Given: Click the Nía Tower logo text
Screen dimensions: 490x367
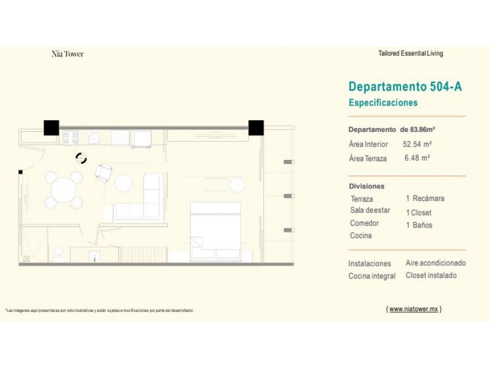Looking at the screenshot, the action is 68,54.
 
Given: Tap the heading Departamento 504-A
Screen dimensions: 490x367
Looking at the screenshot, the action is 405,86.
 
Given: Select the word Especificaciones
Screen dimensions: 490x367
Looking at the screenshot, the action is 383,102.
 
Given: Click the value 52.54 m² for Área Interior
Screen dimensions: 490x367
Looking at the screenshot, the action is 417,144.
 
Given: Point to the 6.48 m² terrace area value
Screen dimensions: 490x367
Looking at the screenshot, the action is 417,158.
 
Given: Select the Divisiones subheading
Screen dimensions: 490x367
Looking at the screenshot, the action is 366,186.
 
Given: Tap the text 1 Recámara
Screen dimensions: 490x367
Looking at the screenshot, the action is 425,198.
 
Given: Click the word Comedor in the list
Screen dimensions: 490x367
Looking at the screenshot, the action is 364,223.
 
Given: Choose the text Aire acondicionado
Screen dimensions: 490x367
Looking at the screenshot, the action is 435,263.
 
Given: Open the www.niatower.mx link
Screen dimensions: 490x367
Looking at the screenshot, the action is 414,309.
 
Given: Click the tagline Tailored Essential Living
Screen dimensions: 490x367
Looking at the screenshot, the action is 410,53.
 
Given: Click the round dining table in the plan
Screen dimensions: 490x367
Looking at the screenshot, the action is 64,190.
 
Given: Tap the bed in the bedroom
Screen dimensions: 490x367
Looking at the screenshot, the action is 216,231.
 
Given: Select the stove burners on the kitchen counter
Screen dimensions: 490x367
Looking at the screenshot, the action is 71,138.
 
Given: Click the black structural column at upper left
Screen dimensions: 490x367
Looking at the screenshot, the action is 51,127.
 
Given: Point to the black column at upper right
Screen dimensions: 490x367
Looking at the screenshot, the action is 256,127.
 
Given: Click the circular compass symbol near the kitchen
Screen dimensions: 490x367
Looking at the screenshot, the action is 81,158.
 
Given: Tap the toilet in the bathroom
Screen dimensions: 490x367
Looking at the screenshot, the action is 59,253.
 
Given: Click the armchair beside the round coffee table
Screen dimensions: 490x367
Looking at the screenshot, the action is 104,173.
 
